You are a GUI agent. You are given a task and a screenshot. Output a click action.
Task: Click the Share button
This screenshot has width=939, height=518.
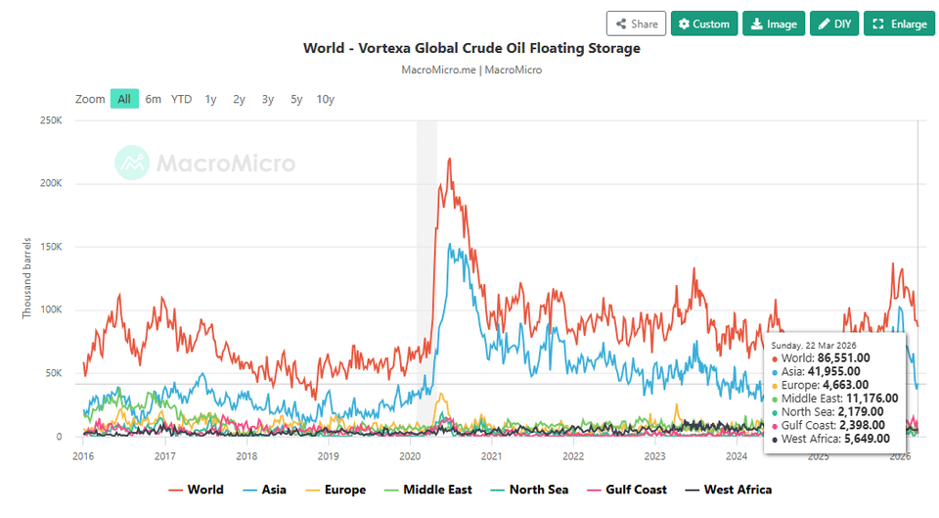point(636,24)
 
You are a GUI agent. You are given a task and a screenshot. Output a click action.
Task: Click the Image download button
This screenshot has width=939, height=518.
point(773,24)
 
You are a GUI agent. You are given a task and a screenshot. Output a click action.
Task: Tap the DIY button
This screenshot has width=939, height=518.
point(834,24)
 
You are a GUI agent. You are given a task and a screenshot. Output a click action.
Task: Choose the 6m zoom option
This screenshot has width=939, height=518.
point(154,99)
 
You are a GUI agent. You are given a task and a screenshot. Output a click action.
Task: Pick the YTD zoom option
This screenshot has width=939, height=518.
point(182,99)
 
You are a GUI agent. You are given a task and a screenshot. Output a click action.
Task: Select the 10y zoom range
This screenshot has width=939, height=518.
point(326,99)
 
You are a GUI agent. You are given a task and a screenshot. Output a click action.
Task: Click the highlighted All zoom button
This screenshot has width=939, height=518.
point(124,99)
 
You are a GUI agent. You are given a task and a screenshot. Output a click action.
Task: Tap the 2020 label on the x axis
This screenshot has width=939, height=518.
point(411,455)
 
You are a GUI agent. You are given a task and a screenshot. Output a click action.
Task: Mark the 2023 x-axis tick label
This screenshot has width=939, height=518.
point(655,455)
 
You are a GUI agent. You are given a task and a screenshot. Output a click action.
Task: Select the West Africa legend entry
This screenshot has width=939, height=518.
point(728,490)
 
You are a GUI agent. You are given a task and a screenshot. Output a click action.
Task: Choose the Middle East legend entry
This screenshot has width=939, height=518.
point(429,490)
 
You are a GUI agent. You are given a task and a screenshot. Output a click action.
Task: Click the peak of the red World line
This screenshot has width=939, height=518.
point(449,159)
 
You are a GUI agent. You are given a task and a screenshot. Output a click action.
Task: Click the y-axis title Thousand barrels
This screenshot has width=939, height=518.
point(27,277)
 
